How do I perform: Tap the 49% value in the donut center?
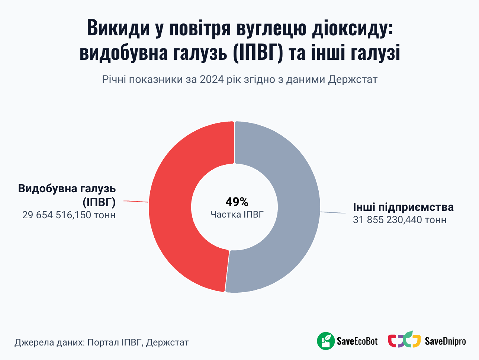pyautogui.click(x=237, y=202)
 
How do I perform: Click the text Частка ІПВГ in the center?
pyautogui.click(x=237, y=214)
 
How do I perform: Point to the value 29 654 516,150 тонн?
pyautogui.click(x=69, y=215)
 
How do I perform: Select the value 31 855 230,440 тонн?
pyautogui.click(x=399, y=220)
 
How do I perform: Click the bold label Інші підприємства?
pyautogui.click(x=403, y=207)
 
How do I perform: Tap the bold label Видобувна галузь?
pyautogui.click(x=67, y=189)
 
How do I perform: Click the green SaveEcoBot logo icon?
pyautogui.click(x=326, y=341)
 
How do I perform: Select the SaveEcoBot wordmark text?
pyautogui.click(x=357, y=341)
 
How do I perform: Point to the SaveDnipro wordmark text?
pyautogui.click(x=445, y=341)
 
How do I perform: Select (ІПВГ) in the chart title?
pyautogui.click(x=258, y=52)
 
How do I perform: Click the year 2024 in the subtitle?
pyautogui.click(x=212, y=80)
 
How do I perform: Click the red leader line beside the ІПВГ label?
pyautogui.click(x=136, y=202)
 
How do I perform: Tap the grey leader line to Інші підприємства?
pyautogui.click(x=333, y=213)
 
